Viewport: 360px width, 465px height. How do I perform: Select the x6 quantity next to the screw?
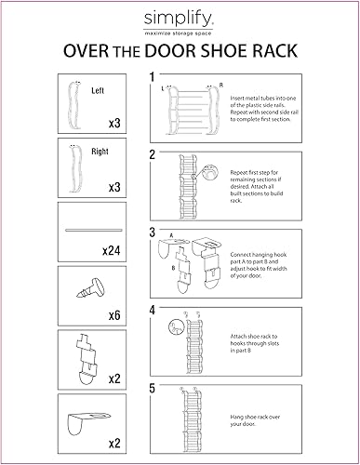(x=113, y=313)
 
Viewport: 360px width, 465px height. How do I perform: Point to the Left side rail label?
(x=99, y=91)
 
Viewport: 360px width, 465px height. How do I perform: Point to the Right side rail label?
(x=100, y=150)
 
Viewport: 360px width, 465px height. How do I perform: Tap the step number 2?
(x=152, y=155)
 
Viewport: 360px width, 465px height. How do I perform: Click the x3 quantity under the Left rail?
(x=113, y=122)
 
